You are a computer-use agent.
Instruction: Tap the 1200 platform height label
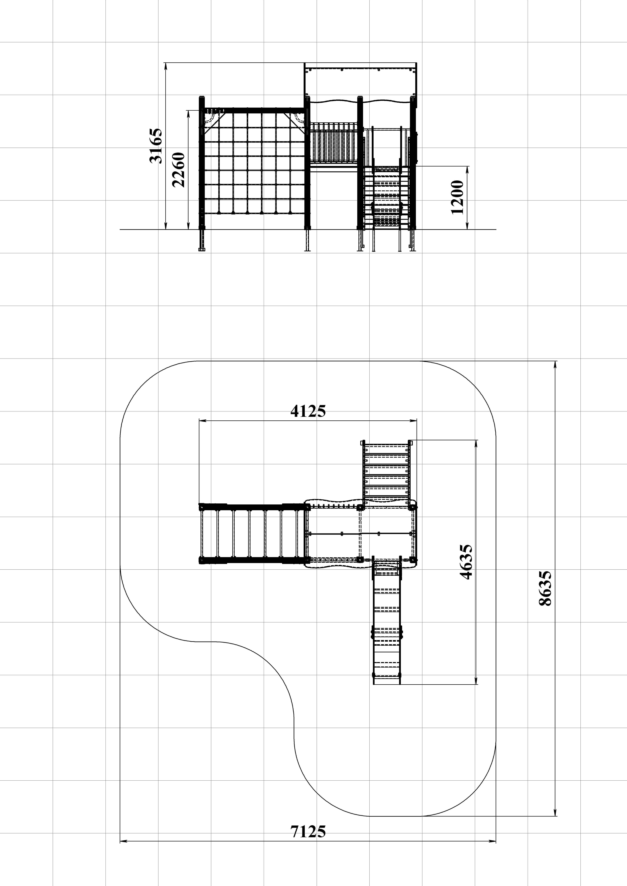(457, 197)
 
